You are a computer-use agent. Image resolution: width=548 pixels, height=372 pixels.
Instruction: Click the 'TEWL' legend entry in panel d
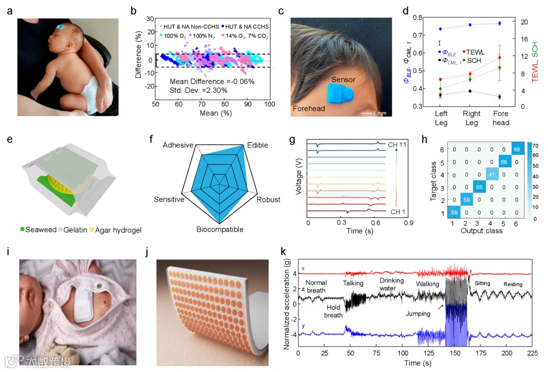pyautogui.click(x=475, y=52)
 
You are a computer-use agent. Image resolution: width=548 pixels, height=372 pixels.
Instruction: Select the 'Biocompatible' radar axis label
pyautogui.click(x=220, y=230)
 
